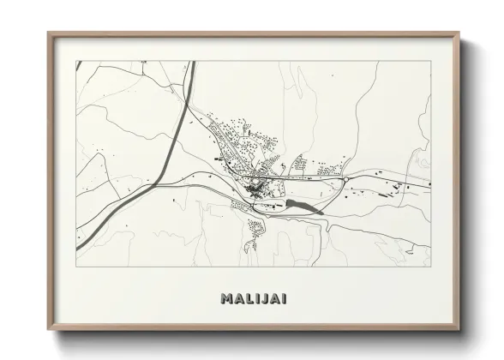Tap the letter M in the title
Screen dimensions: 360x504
(226, 299)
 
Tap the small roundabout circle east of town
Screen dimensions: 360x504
(345, 179)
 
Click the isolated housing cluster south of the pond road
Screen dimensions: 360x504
(255, 228)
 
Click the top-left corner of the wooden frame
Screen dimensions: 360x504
(49, 33)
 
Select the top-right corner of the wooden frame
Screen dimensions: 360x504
(459, 33)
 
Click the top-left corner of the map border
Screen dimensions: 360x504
(76, 61)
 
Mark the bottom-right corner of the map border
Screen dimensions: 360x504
(431, 266)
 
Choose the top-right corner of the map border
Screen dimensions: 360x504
(431, 61)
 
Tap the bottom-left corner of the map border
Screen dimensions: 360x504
(76, 266)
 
